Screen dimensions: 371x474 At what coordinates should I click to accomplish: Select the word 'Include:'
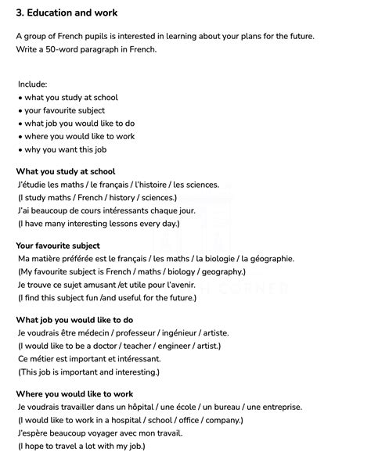coord(33,84)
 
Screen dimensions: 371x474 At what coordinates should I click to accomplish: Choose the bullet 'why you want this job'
coord(66,149)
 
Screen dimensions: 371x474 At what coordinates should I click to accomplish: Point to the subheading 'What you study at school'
coord(66,171)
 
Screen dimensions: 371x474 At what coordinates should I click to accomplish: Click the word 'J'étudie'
coord(32,185)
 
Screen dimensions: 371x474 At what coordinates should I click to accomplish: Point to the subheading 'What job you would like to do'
coord(74,319)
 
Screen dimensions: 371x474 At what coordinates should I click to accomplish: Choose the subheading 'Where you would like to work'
coord(74,393)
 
